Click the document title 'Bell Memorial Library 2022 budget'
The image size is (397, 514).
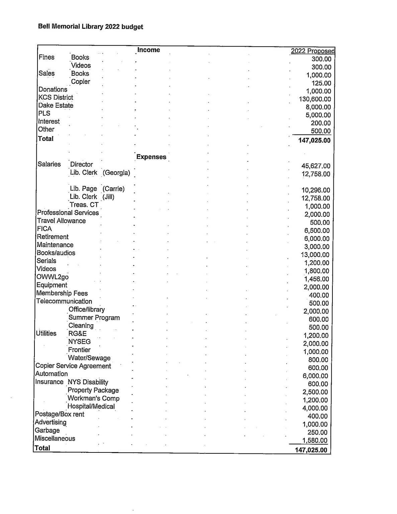91,26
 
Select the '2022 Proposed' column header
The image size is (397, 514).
312,51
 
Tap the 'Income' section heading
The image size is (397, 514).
149,50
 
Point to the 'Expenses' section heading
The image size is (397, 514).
151,157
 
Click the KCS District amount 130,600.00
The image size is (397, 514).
315,99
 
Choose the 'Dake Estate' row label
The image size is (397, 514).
56,105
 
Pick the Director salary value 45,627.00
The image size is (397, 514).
316,166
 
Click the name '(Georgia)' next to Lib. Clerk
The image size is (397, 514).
116,173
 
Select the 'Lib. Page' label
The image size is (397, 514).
83,189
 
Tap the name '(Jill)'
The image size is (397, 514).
108,197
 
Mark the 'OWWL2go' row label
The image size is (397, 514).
53,277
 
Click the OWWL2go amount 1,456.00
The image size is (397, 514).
316,279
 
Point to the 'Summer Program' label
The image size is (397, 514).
94,318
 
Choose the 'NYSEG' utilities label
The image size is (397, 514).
79,342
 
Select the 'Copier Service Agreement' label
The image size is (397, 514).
73,366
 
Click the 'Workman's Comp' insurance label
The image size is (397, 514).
93,398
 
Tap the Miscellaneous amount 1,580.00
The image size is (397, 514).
315,441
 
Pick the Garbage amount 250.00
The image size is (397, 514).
317,432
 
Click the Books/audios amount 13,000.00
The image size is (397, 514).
315,255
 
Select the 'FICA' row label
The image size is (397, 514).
44,229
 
